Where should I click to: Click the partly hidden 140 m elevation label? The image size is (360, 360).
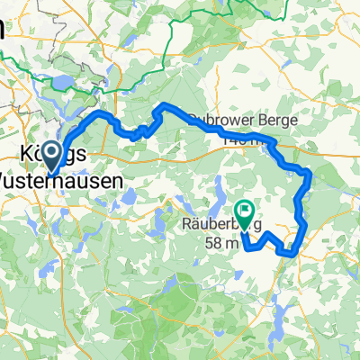pyautogui.click(x=243, y=139)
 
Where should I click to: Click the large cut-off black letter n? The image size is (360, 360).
pyautogui.click(x=4, y=29)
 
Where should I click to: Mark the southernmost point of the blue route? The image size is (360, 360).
pyautogui.click(x=286, y=254)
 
